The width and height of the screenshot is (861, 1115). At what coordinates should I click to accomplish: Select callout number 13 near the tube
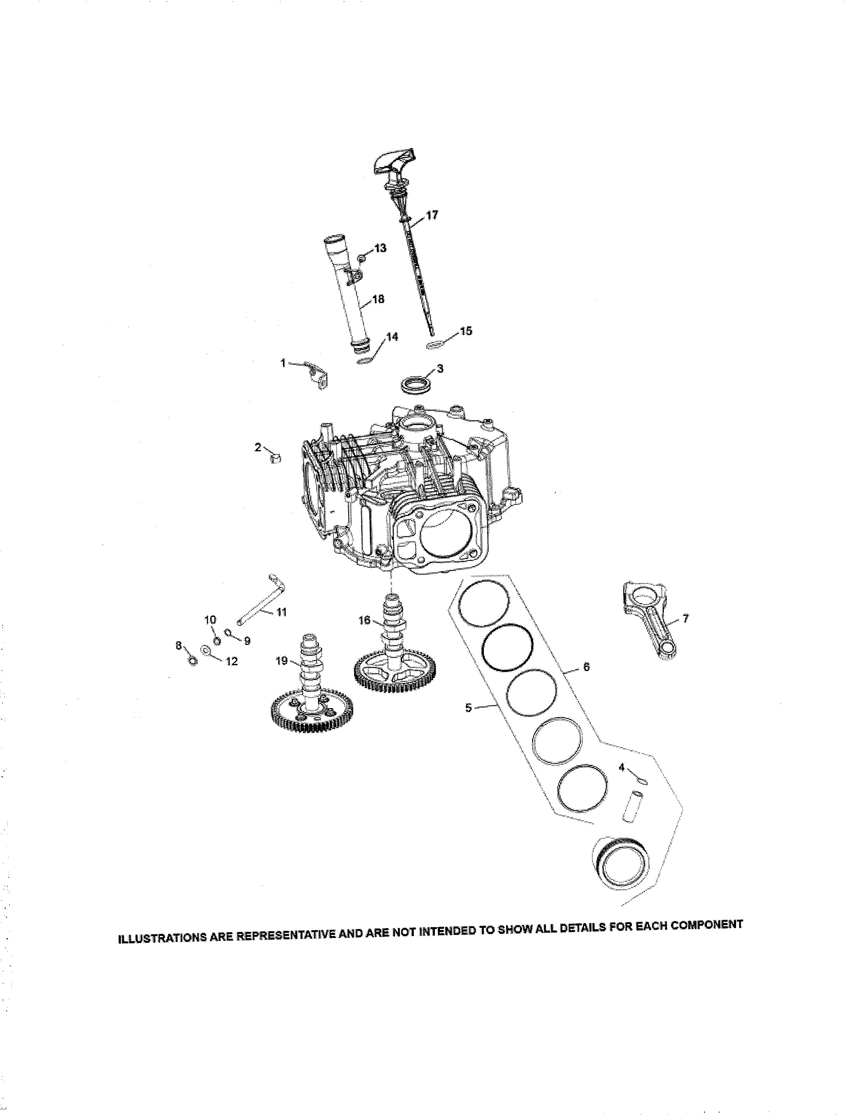tap(380, 248)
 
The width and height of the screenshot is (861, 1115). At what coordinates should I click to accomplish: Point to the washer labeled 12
tap(206, 651)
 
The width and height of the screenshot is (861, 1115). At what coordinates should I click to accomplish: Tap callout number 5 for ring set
tap(468, 708)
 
